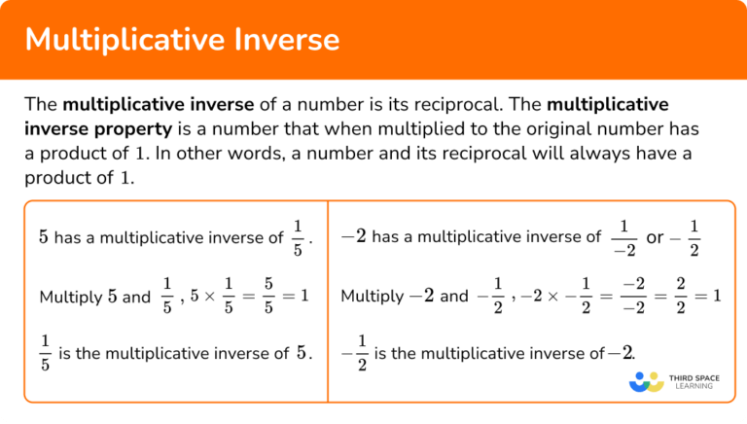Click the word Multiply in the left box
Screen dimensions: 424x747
point(69,296)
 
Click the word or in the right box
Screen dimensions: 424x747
point(655,237)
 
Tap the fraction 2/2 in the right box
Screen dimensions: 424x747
point(680,295)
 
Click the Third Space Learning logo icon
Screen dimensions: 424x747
point(646,382)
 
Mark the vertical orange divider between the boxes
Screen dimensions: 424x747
point(328,301)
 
